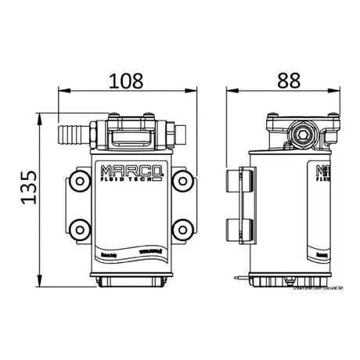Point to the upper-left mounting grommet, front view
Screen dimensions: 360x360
pos(78,181)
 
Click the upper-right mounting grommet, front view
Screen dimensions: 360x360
pos(182,181)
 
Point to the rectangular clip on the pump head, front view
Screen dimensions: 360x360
pos(130,139)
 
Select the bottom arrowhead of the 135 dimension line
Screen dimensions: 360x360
pos(40,280)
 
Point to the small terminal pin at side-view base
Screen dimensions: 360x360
pos(235,275)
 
